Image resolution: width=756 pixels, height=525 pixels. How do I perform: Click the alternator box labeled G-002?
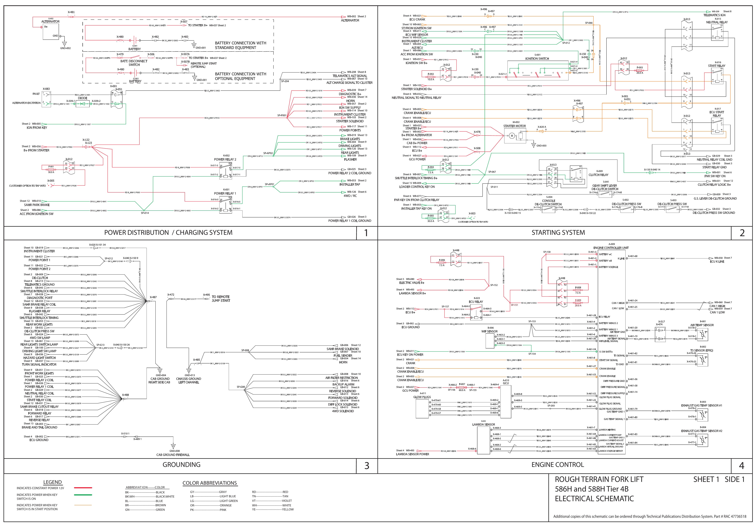pos(51,31)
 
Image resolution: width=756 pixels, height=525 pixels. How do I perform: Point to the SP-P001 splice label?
pos(282,116)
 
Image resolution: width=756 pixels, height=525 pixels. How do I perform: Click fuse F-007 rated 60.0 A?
pos(462,388)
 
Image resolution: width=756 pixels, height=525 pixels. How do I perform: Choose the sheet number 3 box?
pos(367,466)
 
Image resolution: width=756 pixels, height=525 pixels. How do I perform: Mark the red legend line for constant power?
pos(83,488)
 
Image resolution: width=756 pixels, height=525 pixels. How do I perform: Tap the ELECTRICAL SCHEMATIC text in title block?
pos(594,499)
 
